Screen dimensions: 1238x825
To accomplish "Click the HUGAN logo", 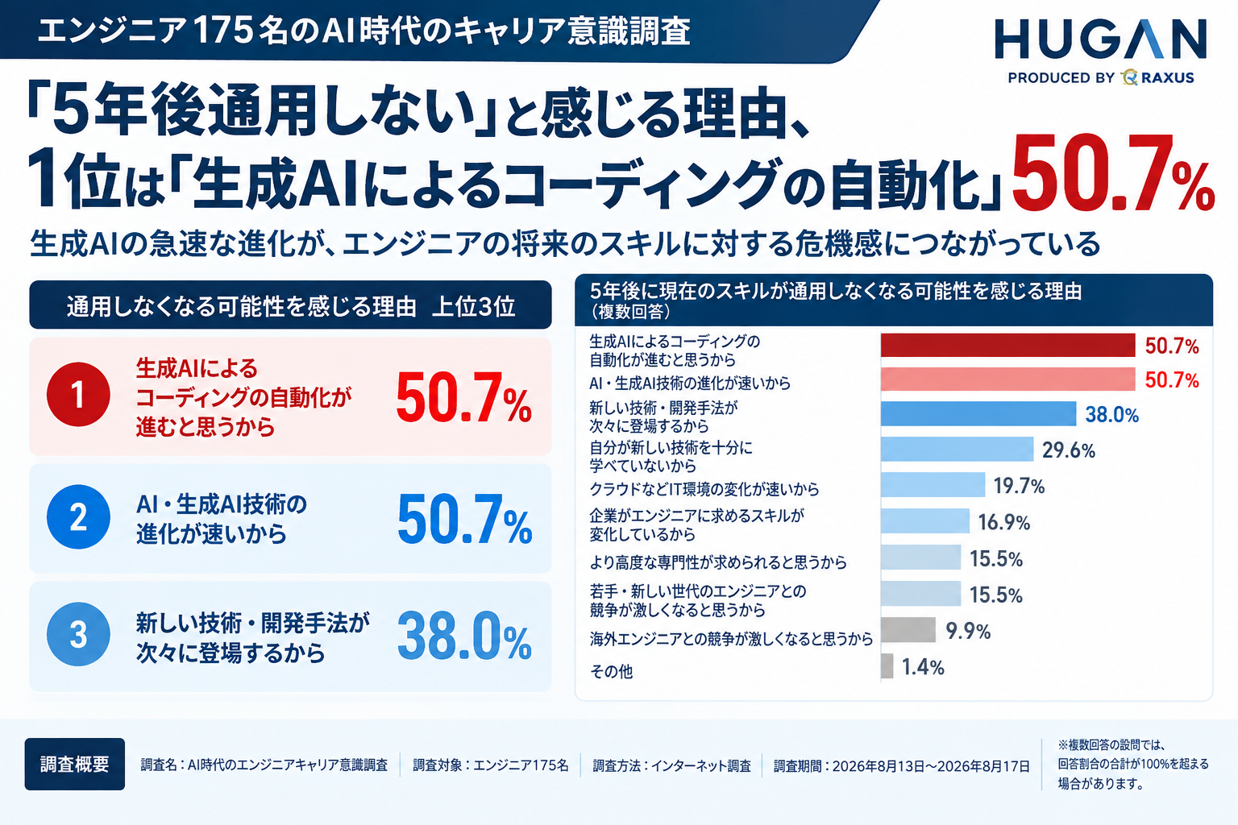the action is click(1100, 39).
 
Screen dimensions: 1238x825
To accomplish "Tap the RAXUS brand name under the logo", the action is click(1167, 78).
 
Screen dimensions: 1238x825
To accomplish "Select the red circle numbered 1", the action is click(78, 395).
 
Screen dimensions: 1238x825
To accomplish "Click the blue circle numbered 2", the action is click(78, 516).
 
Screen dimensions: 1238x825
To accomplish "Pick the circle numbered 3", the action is click(78, 634).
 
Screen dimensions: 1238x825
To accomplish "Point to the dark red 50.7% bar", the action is click(1008, 346).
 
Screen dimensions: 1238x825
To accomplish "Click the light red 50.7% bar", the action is click(1008, 379).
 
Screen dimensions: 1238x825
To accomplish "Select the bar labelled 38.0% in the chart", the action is click(978, 414).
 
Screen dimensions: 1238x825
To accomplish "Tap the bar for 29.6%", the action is click(958, 450).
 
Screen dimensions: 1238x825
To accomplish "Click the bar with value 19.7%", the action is click(933, 485).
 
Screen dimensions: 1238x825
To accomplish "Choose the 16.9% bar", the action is click(925, 521).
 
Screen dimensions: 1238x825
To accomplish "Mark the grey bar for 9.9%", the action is click(908, 630).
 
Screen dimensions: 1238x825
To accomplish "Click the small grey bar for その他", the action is click(887, 665).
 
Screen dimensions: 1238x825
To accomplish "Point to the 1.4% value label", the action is click(923, 668).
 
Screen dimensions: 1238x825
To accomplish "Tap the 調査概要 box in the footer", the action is click(75, 765).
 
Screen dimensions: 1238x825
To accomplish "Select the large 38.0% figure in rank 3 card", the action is click(464, 636).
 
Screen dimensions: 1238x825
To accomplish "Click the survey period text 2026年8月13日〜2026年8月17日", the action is click(931, 766).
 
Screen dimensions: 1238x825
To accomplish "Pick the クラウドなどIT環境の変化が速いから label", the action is click(704, 489).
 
